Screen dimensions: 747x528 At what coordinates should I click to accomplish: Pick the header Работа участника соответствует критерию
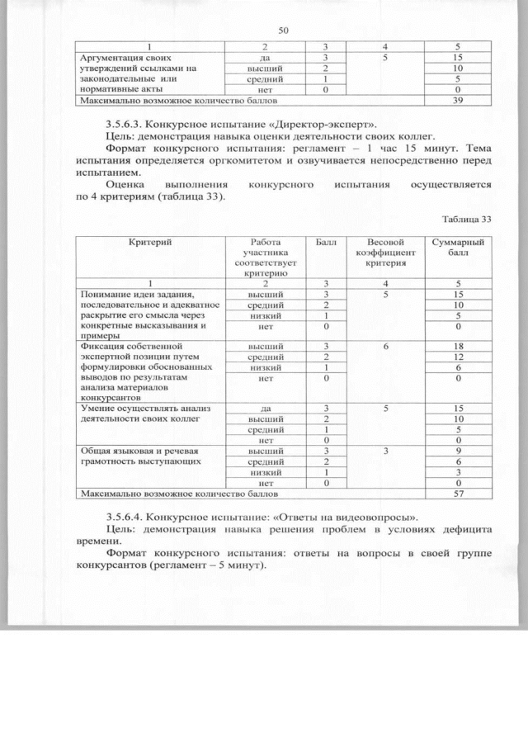266,255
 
